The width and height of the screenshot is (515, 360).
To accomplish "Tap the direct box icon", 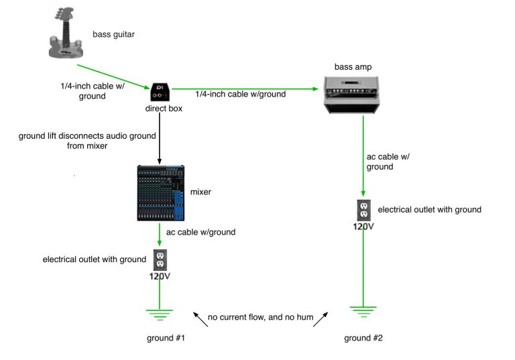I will click(160, 93).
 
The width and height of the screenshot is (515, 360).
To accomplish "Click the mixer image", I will click(160, 193).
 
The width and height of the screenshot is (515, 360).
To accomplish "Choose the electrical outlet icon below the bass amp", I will click(363, 209).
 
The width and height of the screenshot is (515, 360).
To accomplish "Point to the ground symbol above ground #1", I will click(160, 312).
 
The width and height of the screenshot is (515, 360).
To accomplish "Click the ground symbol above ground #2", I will click(363, 309).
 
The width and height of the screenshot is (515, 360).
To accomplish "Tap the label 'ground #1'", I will click(166, 338).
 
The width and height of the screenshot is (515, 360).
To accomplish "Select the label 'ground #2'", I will click(363, 338).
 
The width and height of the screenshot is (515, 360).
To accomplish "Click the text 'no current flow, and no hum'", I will click(260, 316).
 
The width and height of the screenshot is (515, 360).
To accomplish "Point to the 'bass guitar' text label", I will click(114, 33).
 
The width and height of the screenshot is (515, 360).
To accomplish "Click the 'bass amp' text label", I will click(353, 66).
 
